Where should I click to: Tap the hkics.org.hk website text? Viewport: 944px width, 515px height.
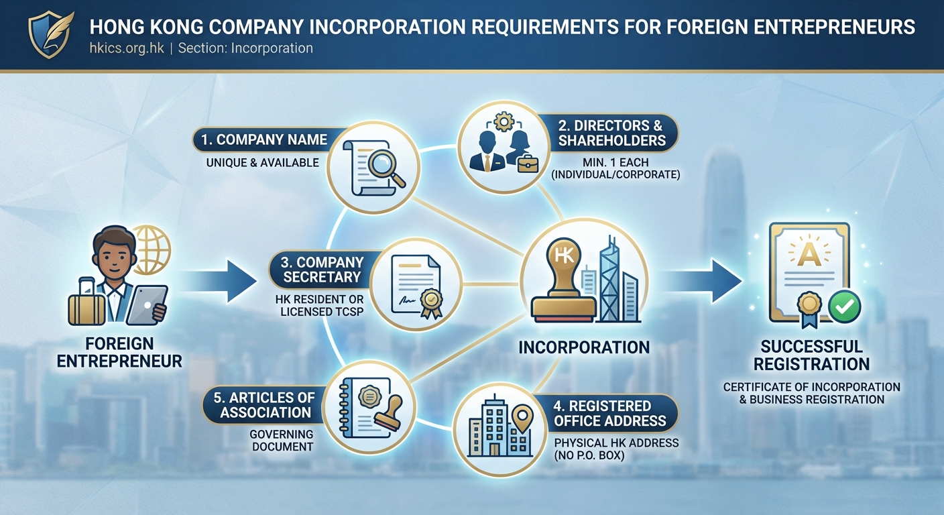pyautogui.click(x=127, y=48)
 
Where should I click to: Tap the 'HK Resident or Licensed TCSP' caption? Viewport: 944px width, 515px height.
pyautogui.click(x=319, y=305)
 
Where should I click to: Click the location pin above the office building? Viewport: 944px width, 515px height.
pyautogui.click(x=521, y=419)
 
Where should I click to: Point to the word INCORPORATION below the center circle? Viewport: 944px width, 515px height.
pyautogui.click(x=583, y=347)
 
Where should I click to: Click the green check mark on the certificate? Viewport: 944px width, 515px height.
pyautogui.click(x=844, y=307)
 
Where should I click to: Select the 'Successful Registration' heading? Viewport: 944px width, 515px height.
pyautogui.click(x=811, y=355)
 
